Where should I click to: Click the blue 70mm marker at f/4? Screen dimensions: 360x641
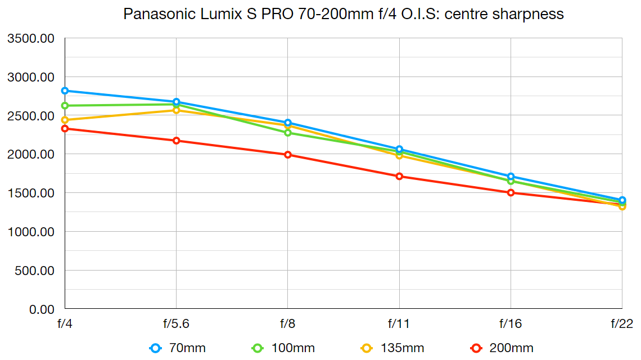(65, 91)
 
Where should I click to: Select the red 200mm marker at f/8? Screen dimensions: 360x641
(288, 155)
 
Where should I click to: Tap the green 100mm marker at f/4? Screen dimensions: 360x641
(65, 106)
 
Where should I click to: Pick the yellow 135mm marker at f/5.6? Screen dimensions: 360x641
(177, 110)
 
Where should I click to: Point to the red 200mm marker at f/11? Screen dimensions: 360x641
(399, 176)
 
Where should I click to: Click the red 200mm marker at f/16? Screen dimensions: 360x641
(511, 192)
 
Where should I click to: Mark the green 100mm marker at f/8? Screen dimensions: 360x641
(288, 133)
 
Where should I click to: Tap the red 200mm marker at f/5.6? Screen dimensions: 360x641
(177, 141)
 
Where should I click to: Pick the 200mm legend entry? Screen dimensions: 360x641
(501, 348)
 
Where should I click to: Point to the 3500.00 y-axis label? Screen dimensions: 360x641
(30, 39)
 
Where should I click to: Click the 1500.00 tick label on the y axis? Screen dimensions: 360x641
(30, 193)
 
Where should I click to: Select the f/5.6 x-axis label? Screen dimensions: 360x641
(177, 324)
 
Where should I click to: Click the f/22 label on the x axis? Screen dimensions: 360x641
(622, 324)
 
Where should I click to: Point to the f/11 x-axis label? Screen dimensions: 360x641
(399, 324)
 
